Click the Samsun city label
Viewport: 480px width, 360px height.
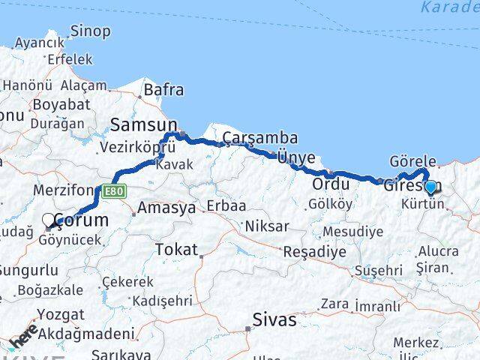click(x=144, y=124)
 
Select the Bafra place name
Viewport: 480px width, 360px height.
click(x=163, y=90)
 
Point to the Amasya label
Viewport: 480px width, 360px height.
click(x=165, y=208)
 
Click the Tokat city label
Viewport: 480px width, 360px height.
click(x=176, y=249)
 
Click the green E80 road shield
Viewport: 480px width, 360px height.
click(x=114, y=192)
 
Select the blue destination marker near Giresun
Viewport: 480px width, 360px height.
click(x=430, y=188)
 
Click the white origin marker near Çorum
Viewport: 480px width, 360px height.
click(x=49, y=220)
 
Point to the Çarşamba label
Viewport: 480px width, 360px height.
click(x=260, y=138)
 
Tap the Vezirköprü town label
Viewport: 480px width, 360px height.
click(x=138, y=148)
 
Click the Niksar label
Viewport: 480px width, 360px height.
click(x=268, y=226)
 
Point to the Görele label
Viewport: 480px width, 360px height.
click(x=412, y=161)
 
